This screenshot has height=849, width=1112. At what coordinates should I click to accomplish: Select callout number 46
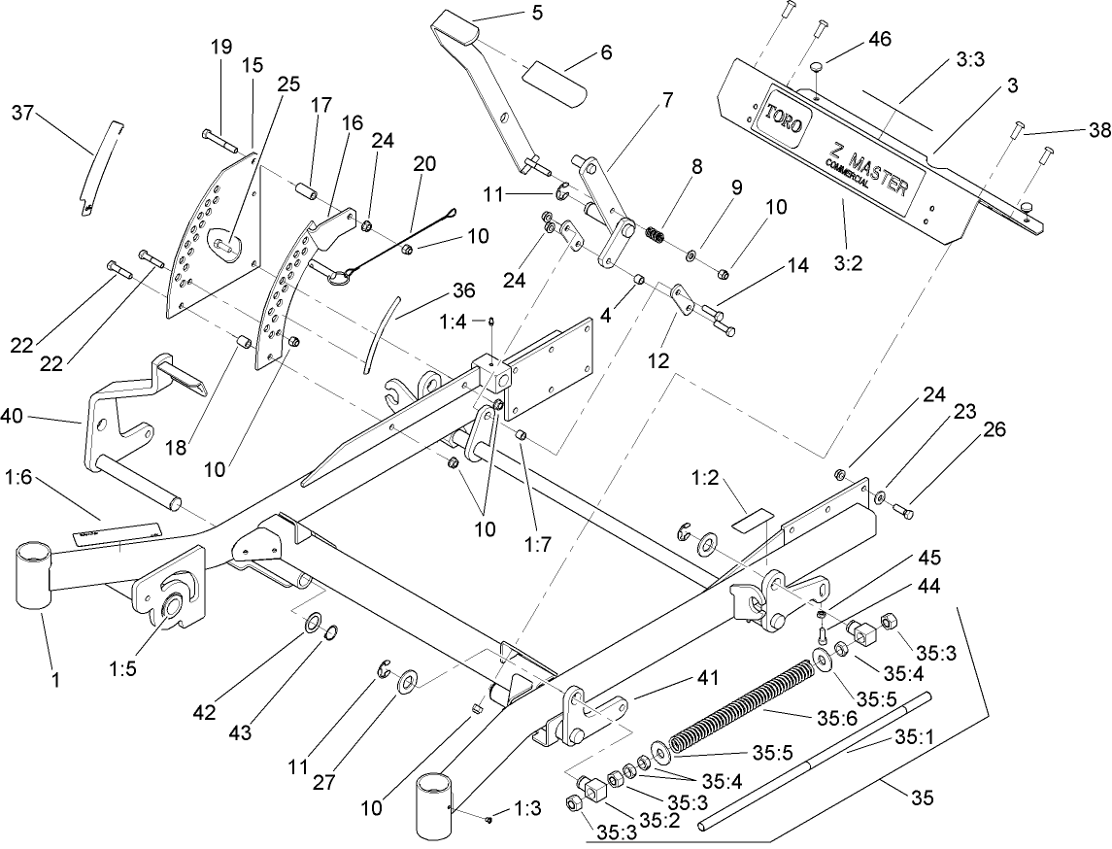[x=880, y=39]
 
